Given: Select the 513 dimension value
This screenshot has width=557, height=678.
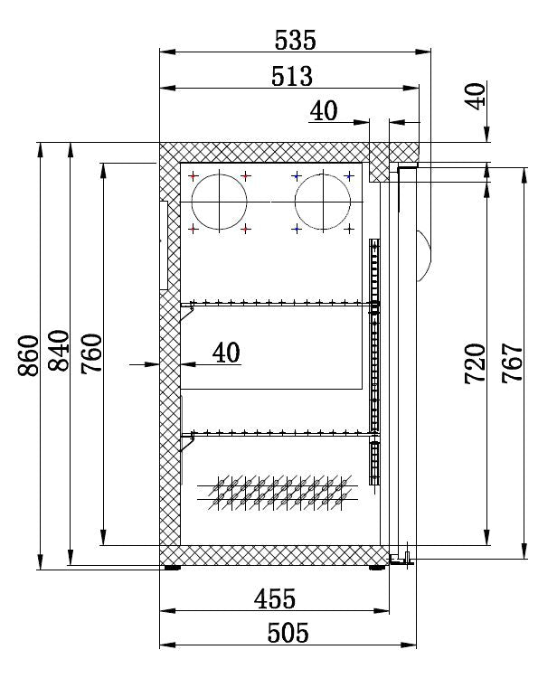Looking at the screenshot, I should pos(292,76).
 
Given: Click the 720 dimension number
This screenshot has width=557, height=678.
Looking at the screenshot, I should pos(476,363).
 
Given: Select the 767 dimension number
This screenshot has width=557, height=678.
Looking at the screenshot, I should pos(511,363).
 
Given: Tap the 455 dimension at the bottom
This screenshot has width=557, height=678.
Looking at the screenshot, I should pos(275,598).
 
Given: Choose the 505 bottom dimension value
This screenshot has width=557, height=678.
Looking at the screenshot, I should pos(288,633).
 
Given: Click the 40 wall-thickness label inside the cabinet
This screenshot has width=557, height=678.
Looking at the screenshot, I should pos(226,352).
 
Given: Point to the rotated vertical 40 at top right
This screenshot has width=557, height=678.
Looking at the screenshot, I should pos(477,95).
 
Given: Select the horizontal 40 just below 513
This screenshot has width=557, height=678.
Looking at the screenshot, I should pos(324,110).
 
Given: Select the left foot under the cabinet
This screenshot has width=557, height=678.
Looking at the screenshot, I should pos(170,569).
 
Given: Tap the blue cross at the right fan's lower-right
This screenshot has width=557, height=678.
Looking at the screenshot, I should pos(349,230).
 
